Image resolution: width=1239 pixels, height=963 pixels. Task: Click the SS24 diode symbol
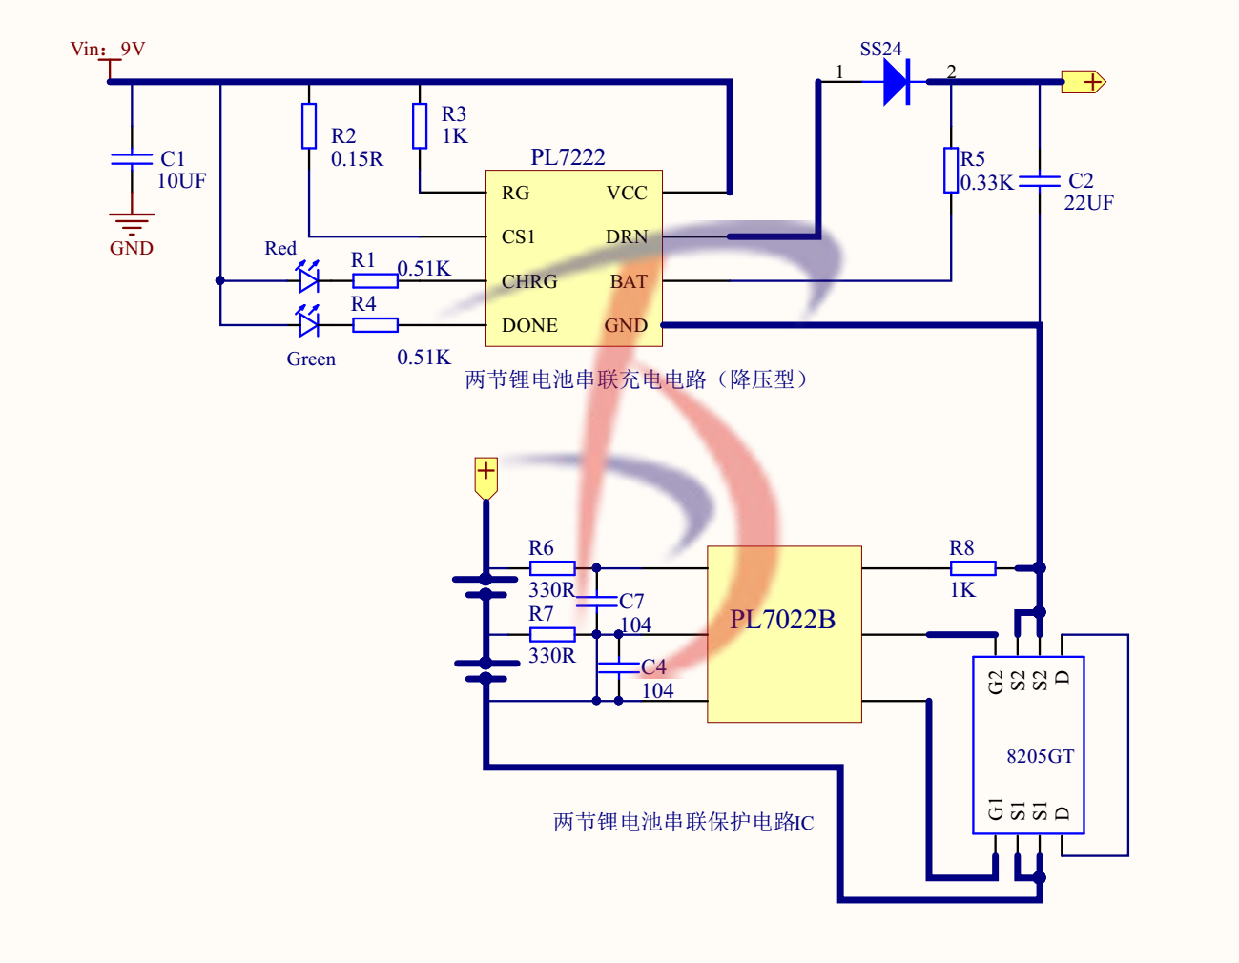click(897, 82)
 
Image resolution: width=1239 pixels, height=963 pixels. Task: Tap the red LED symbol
click(308, 279)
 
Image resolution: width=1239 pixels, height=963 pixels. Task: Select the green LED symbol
click(308, 324)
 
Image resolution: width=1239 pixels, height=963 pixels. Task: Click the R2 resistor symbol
click(309, 126)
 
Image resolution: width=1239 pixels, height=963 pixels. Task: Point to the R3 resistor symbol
click(420, 126)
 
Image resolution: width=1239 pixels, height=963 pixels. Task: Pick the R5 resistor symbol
click(951, 170)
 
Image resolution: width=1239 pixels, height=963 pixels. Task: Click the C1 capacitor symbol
click(132, 158)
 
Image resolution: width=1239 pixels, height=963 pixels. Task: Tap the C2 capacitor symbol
click(1040, 180)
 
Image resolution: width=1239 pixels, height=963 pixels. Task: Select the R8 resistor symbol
click(973, 568)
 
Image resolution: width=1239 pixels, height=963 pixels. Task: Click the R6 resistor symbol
click(552, 568)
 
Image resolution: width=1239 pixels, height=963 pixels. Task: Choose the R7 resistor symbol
click(552, 634)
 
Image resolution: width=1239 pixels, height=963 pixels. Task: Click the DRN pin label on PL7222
click(627, 236)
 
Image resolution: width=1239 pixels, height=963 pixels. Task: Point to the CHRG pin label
click(529, 281)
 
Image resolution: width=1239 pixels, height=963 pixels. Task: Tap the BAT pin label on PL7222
click(629, 281)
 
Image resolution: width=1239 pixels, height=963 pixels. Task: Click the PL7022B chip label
click(782, 620)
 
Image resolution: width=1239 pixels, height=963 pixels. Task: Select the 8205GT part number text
click(1040, 756)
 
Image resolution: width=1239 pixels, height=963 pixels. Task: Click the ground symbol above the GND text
click(132, 224)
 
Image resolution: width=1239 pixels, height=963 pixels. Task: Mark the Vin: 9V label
click(108, 50)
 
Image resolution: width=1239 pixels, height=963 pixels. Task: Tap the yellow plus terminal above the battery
click(486, 475)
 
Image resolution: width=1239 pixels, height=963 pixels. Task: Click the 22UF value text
click(1089, 203)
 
